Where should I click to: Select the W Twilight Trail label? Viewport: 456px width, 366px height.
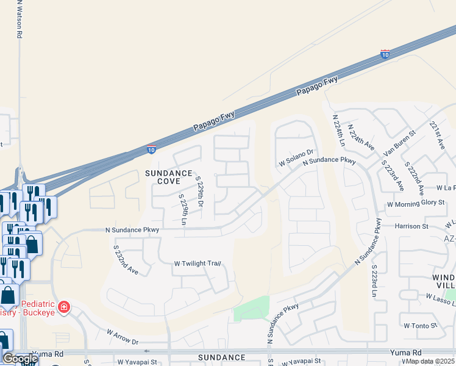(x=196, y=264)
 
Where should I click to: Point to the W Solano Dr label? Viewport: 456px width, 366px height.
(x=296, y=158)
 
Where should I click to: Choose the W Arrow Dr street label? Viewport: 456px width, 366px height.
(x=123, y=335)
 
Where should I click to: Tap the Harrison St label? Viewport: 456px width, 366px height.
(x=411, y=226)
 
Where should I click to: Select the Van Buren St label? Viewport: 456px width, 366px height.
(x=399, y=142)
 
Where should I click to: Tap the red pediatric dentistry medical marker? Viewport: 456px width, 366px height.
(x=64, y=306)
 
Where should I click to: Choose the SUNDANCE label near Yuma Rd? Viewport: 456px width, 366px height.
(x=221, y=357)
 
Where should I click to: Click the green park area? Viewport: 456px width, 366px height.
(x=251, y=309)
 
